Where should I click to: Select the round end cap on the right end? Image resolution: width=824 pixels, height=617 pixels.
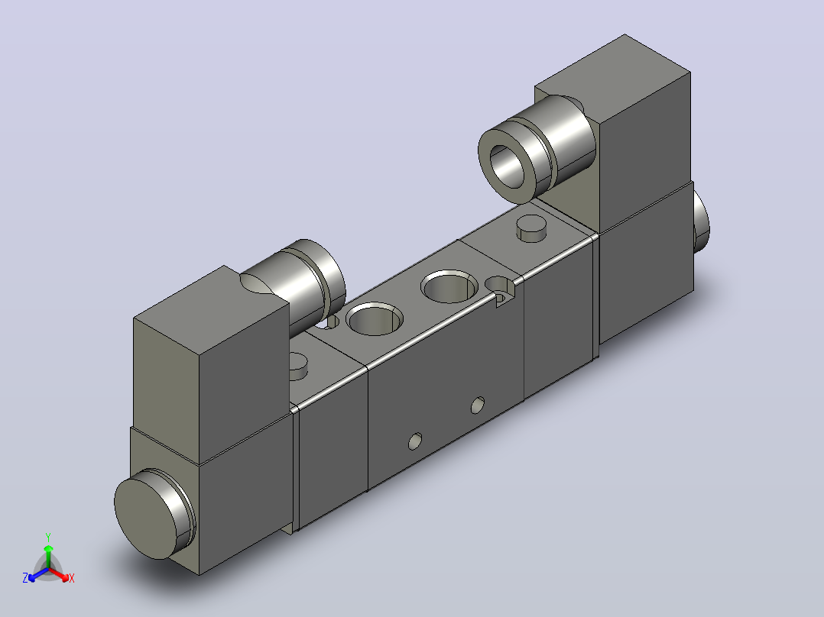coord(701,221)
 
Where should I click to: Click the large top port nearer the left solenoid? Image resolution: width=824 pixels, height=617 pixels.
coord(375,318)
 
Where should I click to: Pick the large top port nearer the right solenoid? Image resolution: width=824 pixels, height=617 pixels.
coord(449,286)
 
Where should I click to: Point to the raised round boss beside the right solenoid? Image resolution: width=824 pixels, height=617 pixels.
coord(531,228)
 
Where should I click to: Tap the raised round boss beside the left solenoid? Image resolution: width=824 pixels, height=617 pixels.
coord(298,365)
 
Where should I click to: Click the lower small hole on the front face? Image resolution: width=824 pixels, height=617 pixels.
coord(415,441)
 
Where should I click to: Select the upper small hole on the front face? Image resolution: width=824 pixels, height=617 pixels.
coord(478,405)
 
